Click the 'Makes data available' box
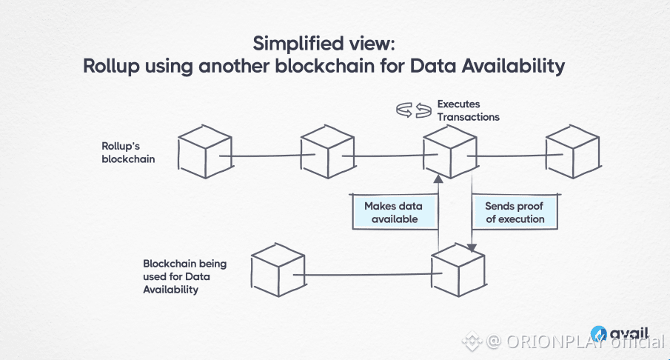394,212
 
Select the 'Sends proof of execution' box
515,212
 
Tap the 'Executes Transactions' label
469,110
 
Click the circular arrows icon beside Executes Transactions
414,110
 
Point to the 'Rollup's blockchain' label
128,153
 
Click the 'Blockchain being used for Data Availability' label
184,276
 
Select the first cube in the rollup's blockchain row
205,152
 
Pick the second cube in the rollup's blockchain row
328,152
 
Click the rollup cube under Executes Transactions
450,152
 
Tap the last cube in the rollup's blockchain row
574,152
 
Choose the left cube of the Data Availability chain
278,270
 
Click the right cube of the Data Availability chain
458,270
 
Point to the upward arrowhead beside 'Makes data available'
438,179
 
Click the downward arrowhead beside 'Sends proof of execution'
472,247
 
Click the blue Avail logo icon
599,333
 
